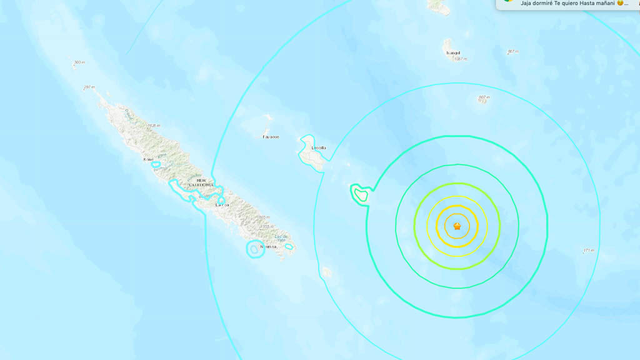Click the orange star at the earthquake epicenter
pos(457,226)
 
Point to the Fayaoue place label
pos(271,136)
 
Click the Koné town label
pos(148,159)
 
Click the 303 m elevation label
pos(79,62)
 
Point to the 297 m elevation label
pos(89,87)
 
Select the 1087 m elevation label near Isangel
pos(461,59)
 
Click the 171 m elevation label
pos(588,251)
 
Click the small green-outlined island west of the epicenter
pos(359,194)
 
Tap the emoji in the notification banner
pos(621,3)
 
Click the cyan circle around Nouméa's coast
pos(254,249)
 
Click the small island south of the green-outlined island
pos(327,272)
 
